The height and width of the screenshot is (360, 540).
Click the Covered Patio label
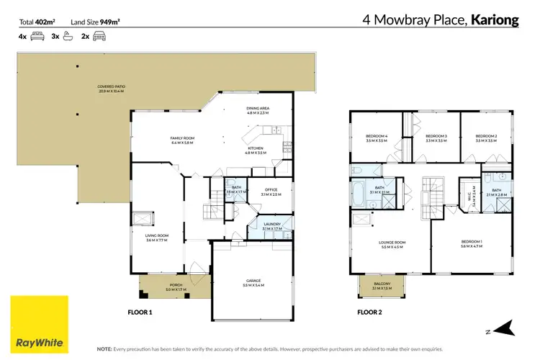tap(111, 89)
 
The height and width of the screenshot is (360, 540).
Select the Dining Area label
tap(258, 110)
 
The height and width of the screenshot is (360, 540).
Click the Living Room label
tap(157, 238)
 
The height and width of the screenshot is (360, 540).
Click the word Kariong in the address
tap(495, 20)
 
